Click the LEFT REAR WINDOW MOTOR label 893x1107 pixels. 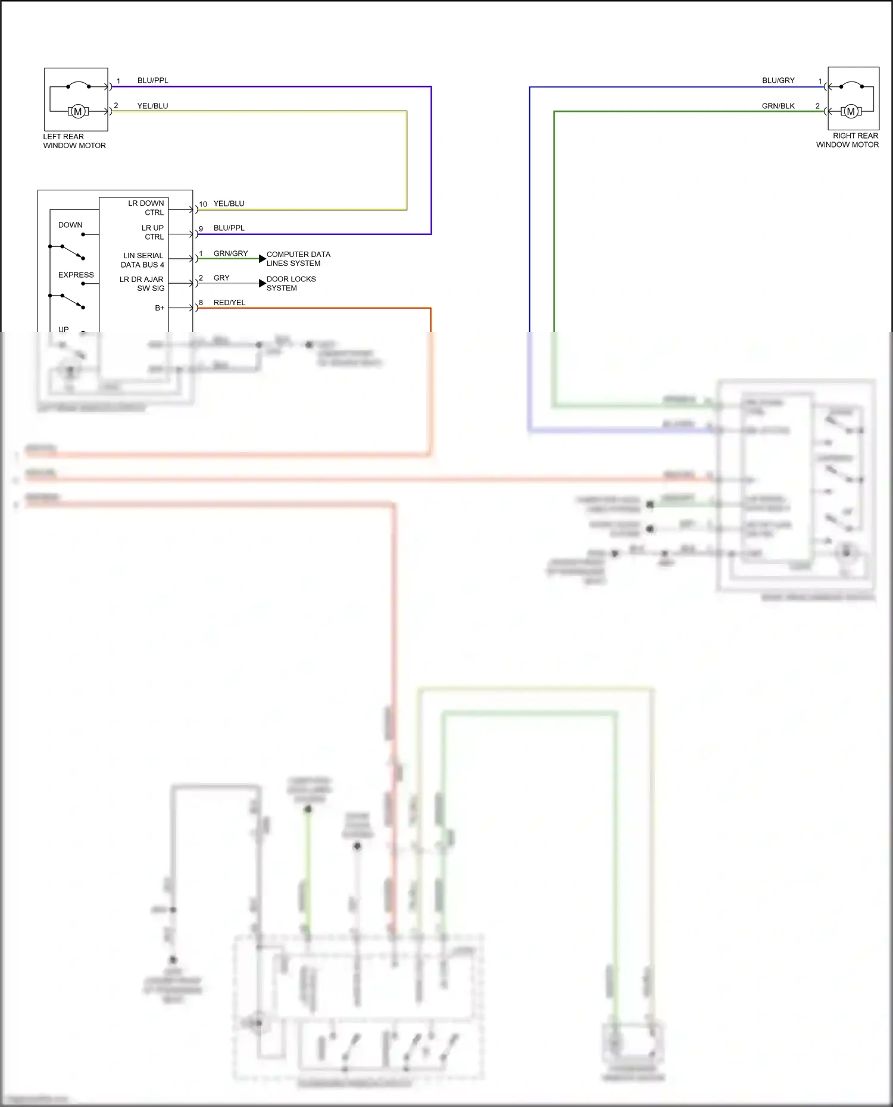coord(74,141)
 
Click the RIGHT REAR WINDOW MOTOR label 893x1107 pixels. coord(847,140)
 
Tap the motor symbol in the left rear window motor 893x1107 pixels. coord(77,111)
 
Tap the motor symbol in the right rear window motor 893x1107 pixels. coord(851,111)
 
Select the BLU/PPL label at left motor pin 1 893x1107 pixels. coord(152,80)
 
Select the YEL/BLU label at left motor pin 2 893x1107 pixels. coord(152,106)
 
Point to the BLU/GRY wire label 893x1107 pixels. coord(778,80)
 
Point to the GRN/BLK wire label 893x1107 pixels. coord(778,106)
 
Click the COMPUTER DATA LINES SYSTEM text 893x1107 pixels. coord(298,259)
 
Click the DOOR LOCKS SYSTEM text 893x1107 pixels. coord(291,283)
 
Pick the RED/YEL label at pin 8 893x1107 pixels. coord(229,303)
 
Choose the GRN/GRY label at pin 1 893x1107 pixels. coord(230,253)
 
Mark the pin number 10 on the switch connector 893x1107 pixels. coord(203,204)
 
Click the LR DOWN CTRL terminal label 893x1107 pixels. coord(146,208)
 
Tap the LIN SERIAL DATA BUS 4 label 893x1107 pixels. coord(143,260)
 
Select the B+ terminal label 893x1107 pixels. coord(160,308)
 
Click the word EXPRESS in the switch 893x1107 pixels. coord(76,275)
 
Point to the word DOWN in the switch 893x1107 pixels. coord(70,225)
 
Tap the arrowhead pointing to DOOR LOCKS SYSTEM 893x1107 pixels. coord(262,283)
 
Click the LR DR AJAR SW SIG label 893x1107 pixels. coord(142,284)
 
